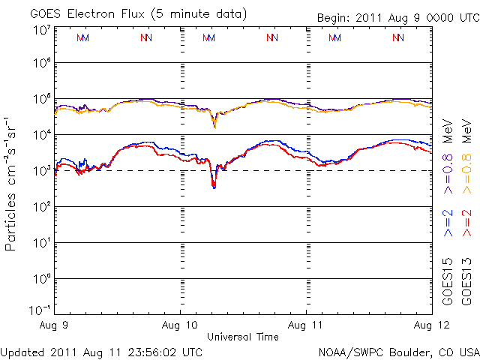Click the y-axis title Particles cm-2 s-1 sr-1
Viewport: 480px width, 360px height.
click(x=13, y=183)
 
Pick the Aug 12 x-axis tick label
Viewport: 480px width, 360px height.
click(x=420, y=325)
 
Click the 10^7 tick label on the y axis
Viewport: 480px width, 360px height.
click(x=42, y=30)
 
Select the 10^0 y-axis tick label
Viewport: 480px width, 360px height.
click(x=42, y=278)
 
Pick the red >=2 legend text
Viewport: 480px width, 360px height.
click(x=466, y=223)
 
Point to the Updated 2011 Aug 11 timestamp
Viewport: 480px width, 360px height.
click(x=101, y=351)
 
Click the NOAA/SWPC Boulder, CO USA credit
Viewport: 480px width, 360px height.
click(x=398, y=351)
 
